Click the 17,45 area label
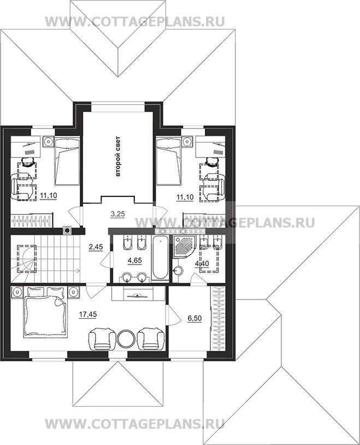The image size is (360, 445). [x=87, y=314]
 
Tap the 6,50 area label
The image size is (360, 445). [x=194, y=318]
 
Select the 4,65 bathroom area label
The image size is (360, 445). [x=135, y=261]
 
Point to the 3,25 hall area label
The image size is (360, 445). [x=118, y=214]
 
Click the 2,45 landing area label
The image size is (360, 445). [x=96, y=247]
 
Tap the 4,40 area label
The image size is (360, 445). [x=202, y=264]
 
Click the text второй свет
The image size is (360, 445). [x=118, y=156]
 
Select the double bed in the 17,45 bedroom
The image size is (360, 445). [x=45, y=312]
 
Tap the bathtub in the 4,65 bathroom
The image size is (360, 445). [x=161, y=258]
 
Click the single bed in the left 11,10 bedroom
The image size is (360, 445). [x=67, y=161]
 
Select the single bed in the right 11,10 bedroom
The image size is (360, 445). [x=169, y=161]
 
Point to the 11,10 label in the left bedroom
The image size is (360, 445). [x=49, y=196]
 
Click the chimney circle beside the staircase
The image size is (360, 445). [x=68, y=231]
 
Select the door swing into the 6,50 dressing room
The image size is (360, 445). [x=174, y=315]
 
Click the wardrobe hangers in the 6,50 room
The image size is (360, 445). [x=219, y=319]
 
